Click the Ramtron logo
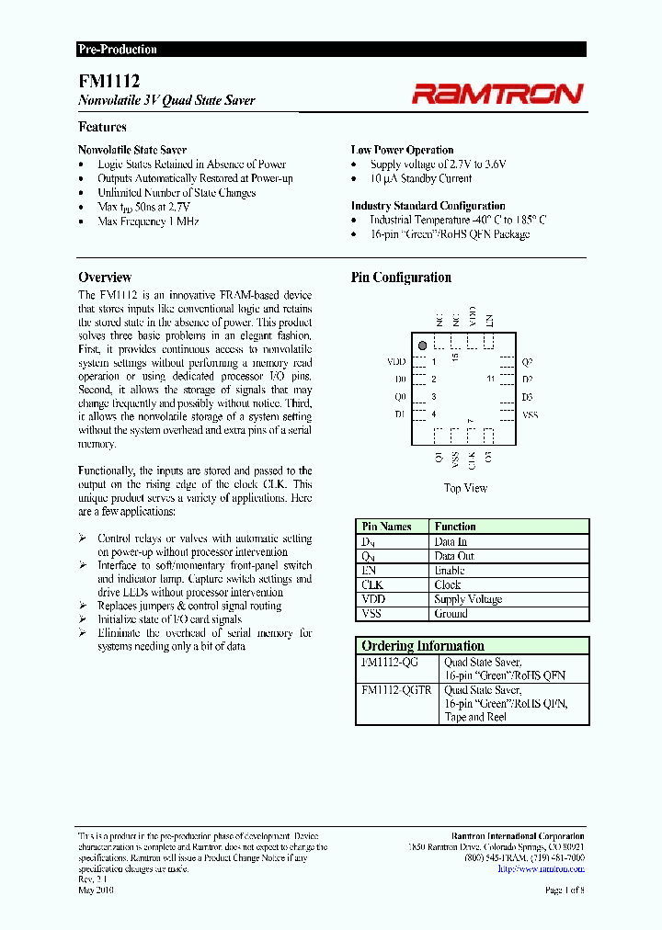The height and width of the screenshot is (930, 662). click(x=497, y=93)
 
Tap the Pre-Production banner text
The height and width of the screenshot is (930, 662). click(x=117, y=50)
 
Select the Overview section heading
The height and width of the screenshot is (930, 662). click(x=105, y=278)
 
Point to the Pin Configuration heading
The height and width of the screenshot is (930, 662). click(x=401, y=278)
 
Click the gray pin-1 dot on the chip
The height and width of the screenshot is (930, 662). click(x=422, y=345)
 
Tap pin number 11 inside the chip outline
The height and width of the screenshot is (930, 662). click(x=491, y=379)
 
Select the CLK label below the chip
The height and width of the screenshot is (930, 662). click(x=472, y=457)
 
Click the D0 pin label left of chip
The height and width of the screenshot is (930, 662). click(x=400, y=380)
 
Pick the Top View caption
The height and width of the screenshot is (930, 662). click(x=465, y=488)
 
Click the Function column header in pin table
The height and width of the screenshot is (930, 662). click(x=455, y=527)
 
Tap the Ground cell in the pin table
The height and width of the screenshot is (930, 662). click(x=451, y=613)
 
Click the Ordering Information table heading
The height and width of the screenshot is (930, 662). click(x=423, y=646)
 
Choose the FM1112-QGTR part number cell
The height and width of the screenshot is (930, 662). click(x=396, y=690)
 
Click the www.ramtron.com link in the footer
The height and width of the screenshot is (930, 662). click(x=549, y=868)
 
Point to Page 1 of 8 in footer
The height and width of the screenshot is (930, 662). click(x=565, y=890)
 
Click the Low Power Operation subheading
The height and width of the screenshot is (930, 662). click(x=402, y=150)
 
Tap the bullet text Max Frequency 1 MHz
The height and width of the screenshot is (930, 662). click(x=148, y=221)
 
